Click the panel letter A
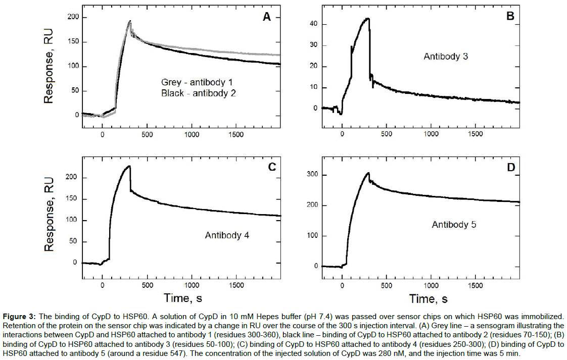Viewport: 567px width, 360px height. (x=266, y=17)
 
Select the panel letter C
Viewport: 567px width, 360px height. (x=272, y=167)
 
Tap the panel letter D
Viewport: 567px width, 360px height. (x=510, y=167)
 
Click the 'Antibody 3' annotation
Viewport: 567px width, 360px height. (x=445, y=57)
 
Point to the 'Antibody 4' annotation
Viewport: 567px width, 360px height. (x=227, y=235)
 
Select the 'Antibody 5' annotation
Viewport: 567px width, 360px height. (x=453, y=225)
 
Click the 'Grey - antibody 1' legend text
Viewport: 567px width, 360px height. (x=197, y=82)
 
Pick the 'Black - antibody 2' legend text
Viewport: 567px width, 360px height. (x=198, y=93)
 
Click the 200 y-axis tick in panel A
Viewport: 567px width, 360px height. (x=73, y=18)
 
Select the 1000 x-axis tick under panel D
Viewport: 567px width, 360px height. (x=431, y=286)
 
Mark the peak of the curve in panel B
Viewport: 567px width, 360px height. (x=368, y=19)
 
